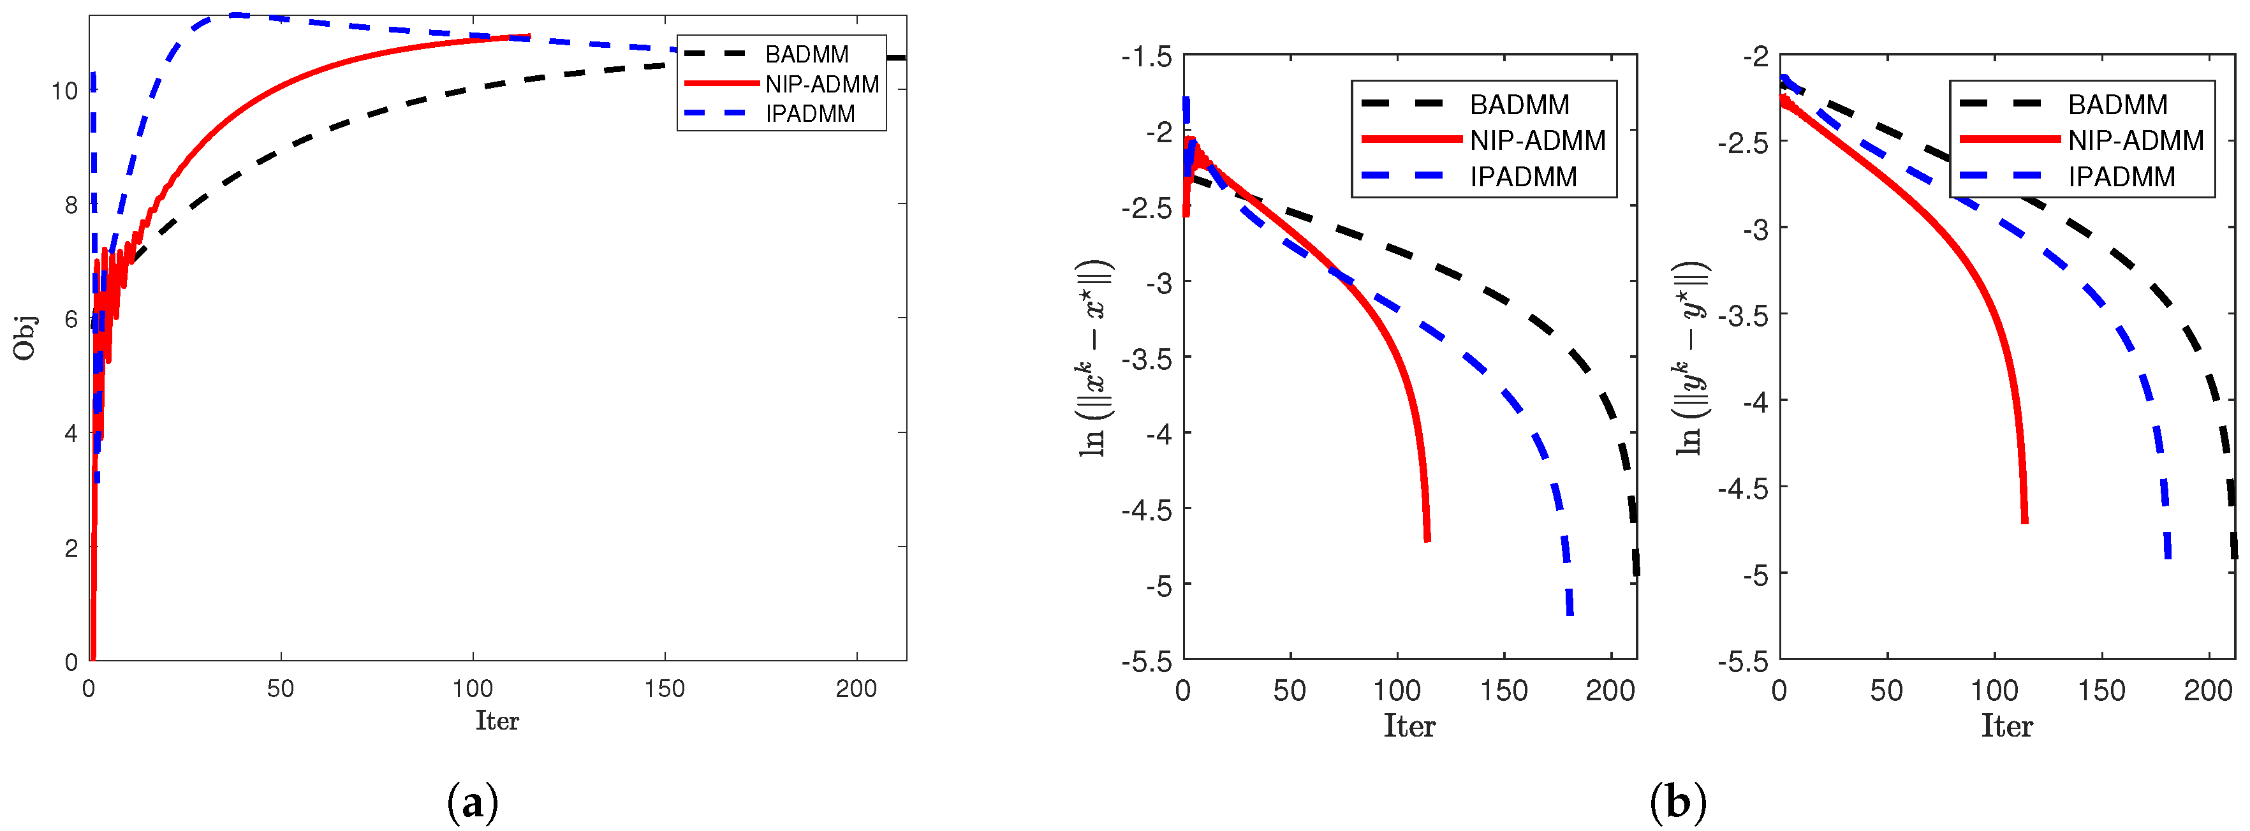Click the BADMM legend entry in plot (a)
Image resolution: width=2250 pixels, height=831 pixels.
click(805, 54)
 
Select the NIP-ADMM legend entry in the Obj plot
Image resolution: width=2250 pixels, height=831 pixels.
click(821, 84)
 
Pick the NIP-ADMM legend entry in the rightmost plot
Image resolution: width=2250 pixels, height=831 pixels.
click(2135, 140)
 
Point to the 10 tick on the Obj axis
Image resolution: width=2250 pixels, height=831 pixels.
click(64, 91)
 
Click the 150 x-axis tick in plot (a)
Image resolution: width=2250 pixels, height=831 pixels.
click(664, 689)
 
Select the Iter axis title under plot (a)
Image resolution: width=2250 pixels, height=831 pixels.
click(496, 720)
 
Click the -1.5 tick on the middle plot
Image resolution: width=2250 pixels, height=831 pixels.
click(1146, 57)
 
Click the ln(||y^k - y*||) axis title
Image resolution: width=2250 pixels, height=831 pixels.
click(1692, 358)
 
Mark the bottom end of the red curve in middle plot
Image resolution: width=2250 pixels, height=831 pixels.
click(1427, 540)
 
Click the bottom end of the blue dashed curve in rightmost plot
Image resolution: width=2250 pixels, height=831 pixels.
click(2167, 555)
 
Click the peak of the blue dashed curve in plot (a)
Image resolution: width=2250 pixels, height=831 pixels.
click(234, 15)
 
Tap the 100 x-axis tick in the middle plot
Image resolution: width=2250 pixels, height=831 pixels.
click(1397, 691)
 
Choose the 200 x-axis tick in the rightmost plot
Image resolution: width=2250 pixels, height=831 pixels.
click(2207, 691)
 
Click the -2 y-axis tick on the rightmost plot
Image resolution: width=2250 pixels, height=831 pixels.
click(1756, 57)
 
